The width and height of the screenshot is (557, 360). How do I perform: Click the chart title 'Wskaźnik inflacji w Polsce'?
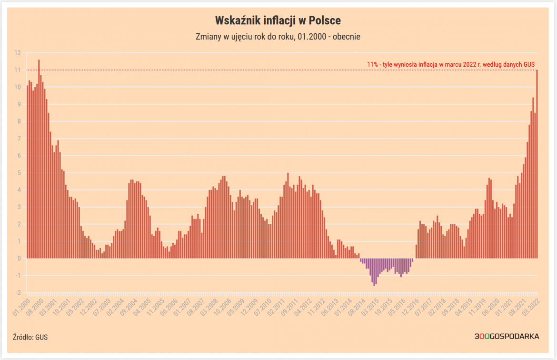coord(278,20)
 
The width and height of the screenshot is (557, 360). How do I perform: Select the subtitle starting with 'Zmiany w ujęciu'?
coord(278,37)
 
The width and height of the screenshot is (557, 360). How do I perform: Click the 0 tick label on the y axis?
coord(19,259)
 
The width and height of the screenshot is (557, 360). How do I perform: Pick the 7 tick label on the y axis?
coord(19,139)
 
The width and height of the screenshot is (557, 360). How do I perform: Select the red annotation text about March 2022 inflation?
coord(451,64)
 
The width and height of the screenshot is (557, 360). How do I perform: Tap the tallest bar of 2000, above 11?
coord(39,157)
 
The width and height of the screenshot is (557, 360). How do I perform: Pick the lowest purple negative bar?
coord(375,272)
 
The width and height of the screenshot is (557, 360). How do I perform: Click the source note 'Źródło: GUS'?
coord(30,337)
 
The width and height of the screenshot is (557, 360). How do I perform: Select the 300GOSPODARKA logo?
coord(507,336)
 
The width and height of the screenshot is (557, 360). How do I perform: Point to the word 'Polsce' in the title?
coord(325,20)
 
